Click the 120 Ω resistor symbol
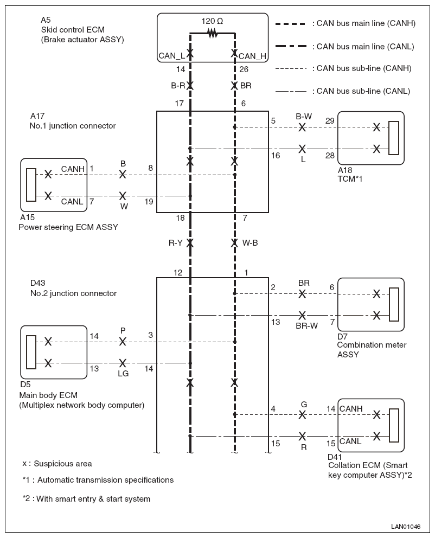point(213,33)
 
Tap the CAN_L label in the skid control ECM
point(171,55)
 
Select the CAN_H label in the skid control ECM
point(253,56)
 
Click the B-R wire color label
point(178,86)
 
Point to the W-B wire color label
point(250,243)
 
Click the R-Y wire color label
point(175,243)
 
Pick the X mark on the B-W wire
point(302,127)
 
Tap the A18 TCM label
point(350,174)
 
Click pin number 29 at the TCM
point(330,121)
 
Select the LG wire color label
point(123,373)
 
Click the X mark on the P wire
point(123,342)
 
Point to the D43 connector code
point(38,283)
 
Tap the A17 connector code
point(37,116)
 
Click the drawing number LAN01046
point(406,526)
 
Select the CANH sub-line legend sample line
point(291,69)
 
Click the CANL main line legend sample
point(291,46)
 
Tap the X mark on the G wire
point(302,415)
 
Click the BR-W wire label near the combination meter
point(306,326)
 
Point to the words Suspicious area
point(63,464)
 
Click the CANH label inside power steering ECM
point(73,169)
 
